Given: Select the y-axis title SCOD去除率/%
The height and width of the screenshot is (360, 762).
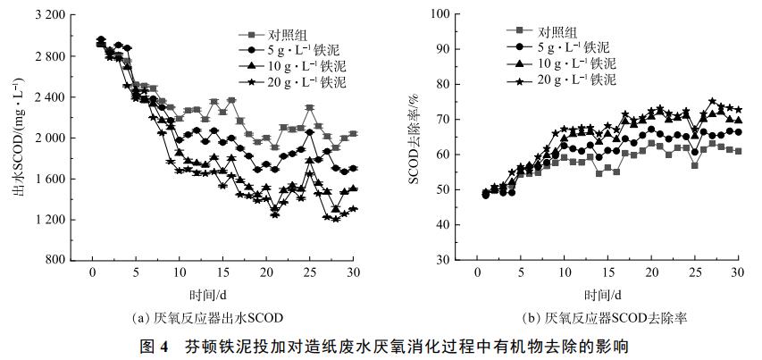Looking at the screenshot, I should click(x=414, y=135).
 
